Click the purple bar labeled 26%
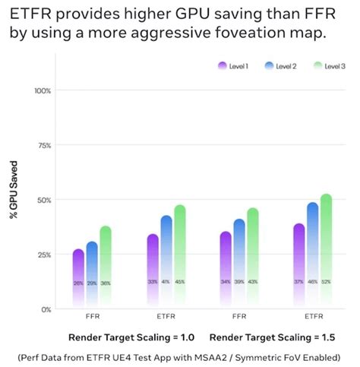tap(78, 274)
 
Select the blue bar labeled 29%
tap(92, 270)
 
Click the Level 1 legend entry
tap(232, 67)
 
